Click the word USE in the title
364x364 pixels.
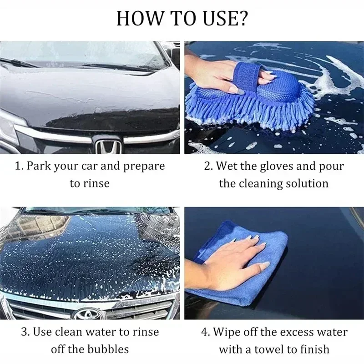pyautogui.click(x=221, y=19)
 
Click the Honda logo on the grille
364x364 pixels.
pyautogui.click(x=108, y=147)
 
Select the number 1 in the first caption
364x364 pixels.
pyautogui.click(x=18, y=166)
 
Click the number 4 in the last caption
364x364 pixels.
pyautogui.click(x=204, y=332)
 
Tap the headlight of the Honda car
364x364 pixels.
pyautogui.click(x=9, y=125)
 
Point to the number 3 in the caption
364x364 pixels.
pyautogui.click(x=25, y=332)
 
